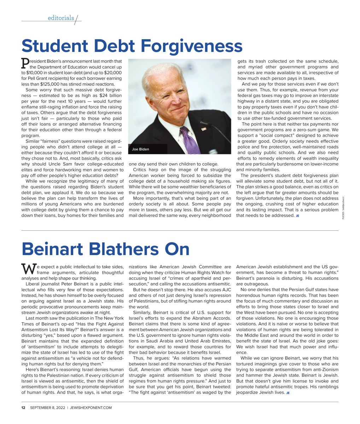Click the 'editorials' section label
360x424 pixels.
61,18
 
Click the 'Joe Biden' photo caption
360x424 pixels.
140,149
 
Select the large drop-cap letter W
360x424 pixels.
28,269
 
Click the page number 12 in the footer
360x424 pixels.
23,407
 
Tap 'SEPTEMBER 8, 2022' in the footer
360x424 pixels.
48,407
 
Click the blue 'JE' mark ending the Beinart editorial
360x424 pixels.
288,393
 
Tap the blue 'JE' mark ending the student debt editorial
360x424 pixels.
297,216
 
